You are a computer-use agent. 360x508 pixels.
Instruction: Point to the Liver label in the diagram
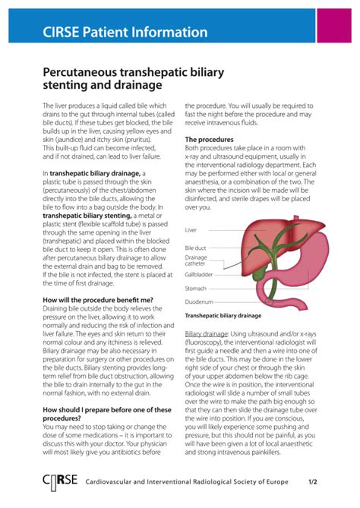click(x=191, y=229)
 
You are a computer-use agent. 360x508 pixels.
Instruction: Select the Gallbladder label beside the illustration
click(x=200, y=275)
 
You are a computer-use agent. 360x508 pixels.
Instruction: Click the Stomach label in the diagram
click(x=196, y=288)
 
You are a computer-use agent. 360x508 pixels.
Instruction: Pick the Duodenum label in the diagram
click(x=198, y=301)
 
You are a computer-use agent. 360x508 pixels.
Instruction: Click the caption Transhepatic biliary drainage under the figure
click(x=223, y=315)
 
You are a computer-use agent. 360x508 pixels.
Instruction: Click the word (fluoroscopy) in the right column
click(x=208, y=343)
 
